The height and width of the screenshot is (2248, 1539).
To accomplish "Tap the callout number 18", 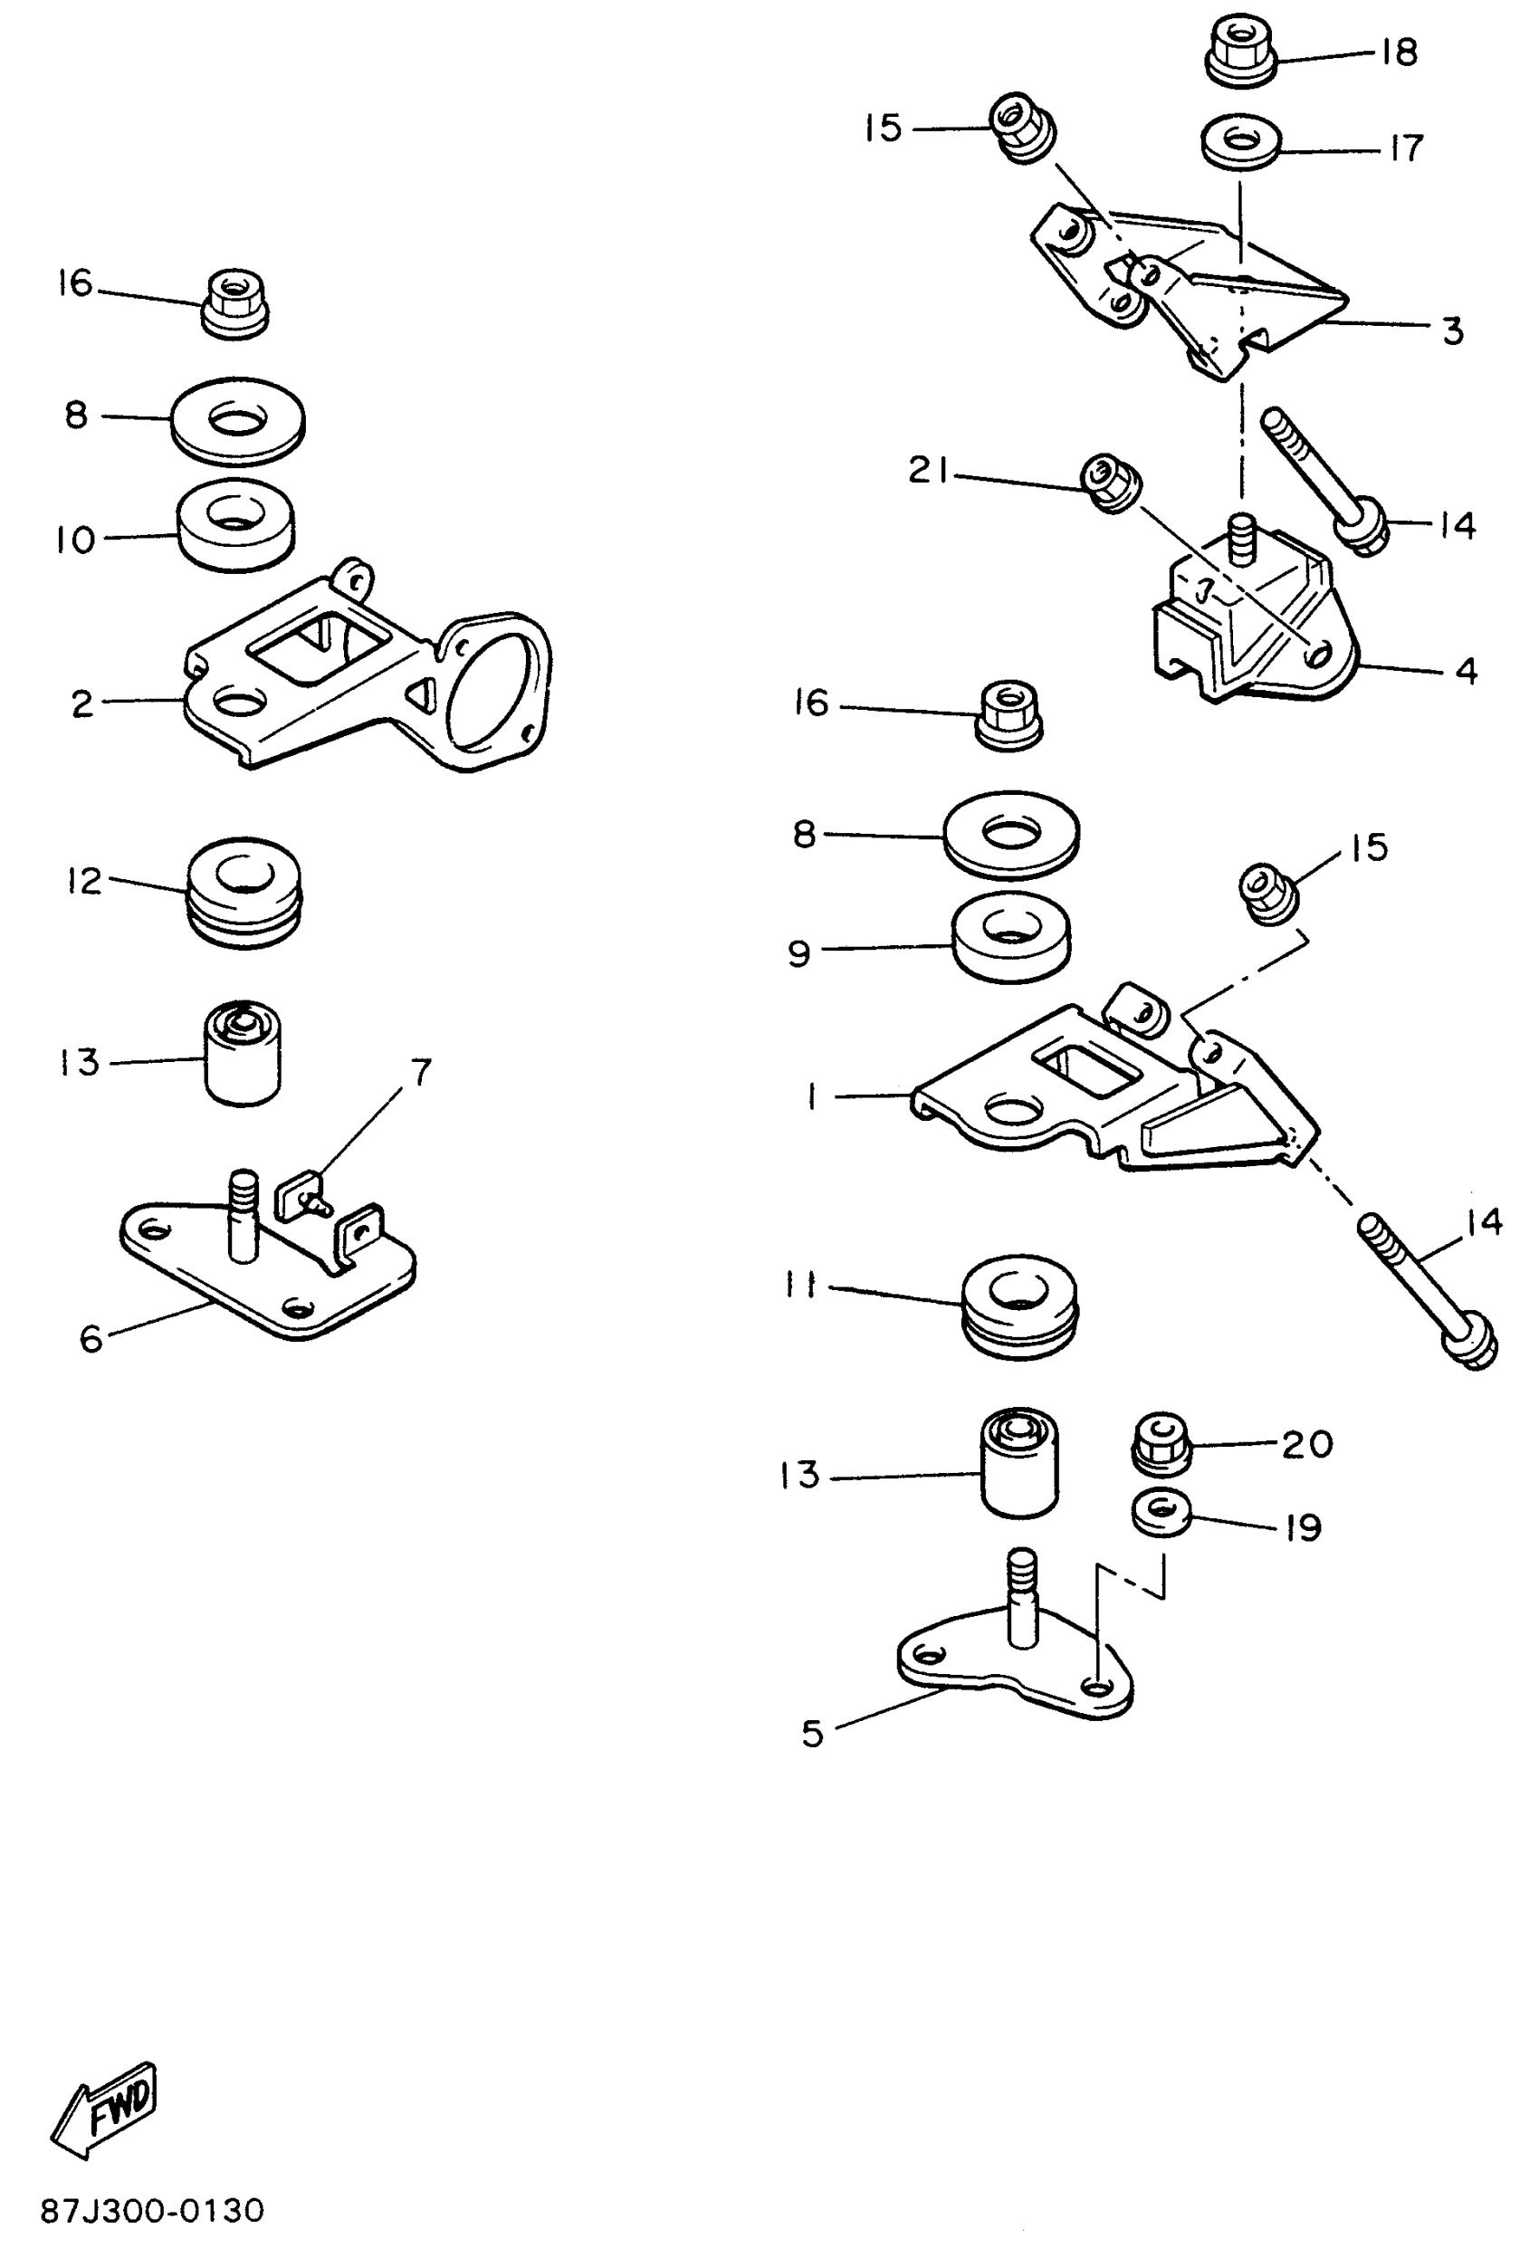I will coord(1398,53).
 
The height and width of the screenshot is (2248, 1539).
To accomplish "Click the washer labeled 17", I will coord(1241,142).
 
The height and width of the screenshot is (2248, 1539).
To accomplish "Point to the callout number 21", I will coord(929,470).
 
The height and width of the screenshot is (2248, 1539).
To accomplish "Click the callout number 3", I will coord(1452,331).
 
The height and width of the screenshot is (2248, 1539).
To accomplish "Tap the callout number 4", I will coord(1466,670).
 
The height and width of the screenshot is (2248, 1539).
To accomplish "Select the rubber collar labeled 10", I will coord(236,525).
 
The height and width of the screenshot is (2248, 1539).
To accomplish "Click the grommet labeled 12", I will coord(244,891).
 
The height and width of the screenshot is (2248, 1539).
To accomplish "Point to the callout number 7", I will coord(421,1072).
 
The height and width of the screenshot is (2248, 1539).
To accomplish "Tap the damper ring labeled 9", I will coord(1011,937).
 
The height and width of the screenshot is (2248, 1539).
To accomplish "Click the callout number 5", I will coord(813,1734).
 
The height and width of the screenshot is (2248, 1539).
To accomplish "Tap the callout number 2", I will coord(82,703).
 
